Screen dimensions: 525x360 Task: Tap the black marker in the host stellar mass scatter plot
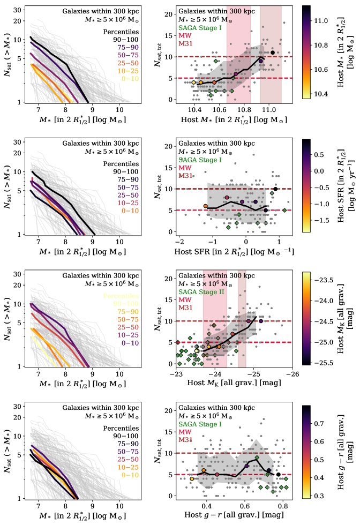[x=273, y=52]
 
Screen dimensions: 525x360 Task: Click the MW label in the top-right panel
[x=185, y=36]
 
